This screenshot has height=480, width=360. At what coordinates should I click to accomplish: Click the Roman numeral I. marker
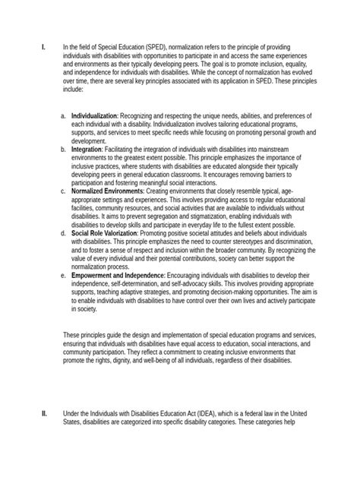[43, 47]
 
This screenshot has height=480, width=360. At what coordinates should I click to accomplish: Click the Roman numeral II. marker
[43, 412]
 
